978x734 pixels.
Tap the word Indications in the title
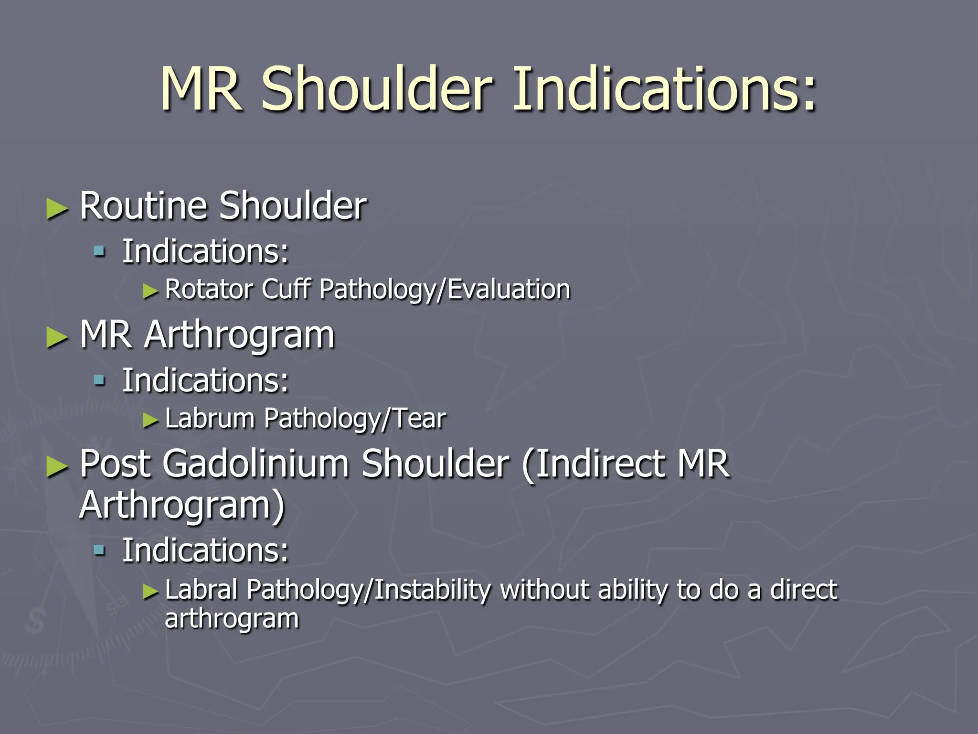664,89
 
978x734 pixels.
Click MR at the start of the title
201,89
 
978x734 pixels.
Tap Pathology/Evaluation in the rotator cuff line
445,290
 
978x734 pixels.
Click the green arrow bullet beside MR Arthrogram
57,338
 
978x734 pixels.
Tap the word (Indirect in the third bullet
592,464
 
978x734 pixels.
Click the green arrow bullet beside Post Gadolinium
57,466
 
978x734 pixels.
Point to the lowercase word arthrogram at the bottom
232,619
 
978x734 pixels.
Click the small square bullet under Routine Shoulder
99,251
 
